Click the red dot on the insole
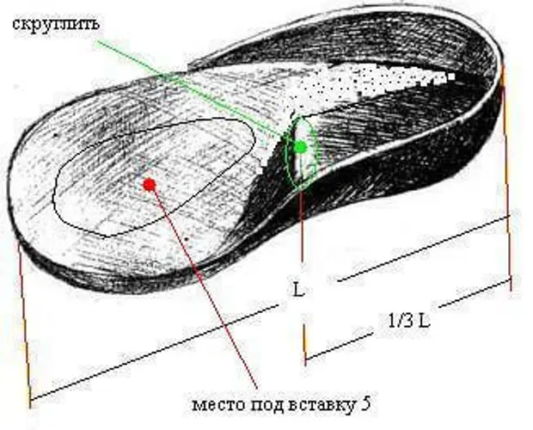[150, 185]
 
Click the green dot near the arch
[301, 147]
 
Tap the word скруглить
[57, 24]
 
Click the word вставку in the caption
[322, 405]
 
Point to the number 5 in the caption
[365, 404]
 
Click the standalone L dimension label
[298, 290]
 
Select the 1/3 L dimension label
[409, 320]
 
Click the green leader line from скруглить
[196, 91]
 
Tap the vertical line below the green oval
[302, 224]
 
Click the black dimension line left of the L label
[155, 353]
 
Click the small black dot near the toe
[55, 135]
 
